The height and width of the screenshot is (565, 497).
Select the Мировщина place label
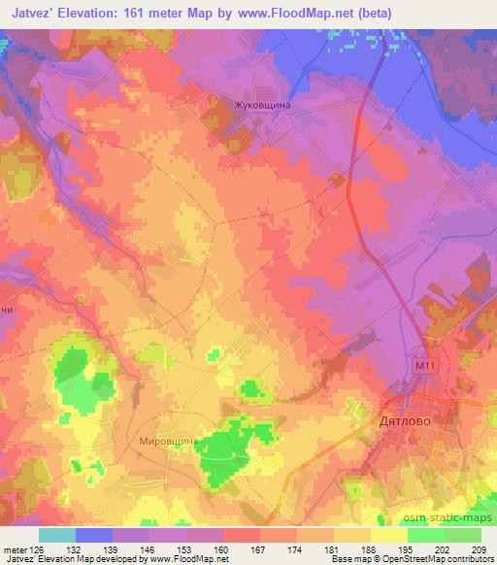pos(169,441)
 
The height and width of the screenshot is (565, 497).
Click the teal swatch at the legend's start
pos(57,535)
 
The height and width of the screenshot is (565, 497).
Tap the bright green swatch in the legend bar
pos(426,535)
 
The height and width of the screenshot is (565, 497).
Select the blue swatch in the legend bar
pos(94,535)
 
